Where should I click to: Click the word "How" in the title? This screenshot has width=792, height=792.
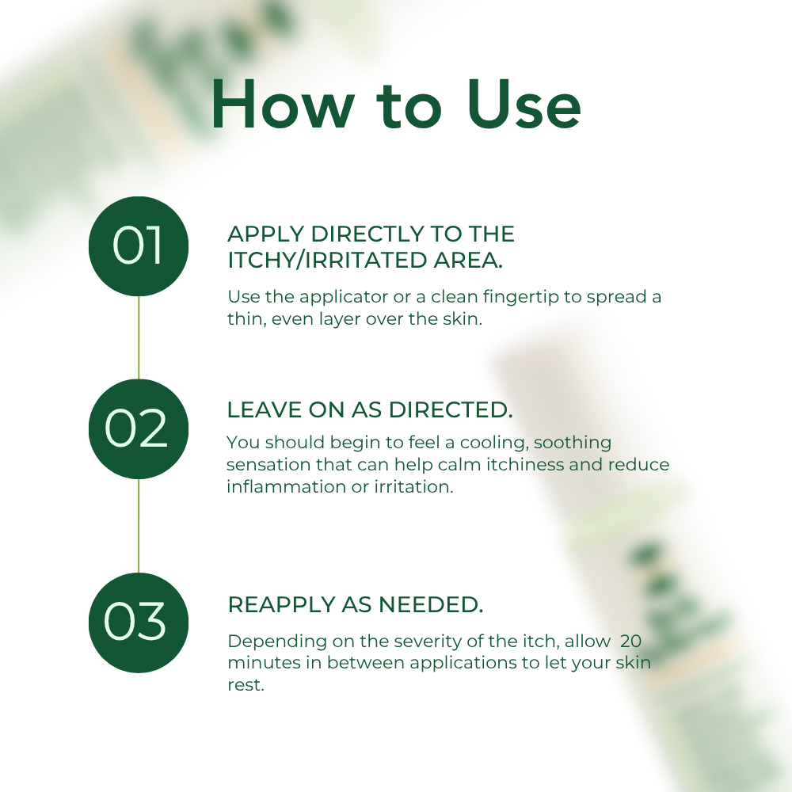point(281,105)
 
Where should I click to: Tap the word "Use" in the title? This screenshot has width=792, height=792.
point(524,105)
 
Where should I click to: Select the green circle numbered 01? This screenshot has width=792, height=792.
point(139,246)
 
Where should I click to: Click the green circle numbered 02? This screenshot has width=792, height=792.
point(139,428)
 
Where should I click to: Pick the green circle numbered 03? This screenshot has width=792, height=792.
point(139,623)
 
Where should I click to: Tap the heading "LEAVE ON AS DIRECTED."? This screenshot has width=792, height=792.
point(370,410)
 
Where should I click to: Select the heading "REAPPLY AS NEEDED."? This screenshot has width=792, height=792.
point(355,604)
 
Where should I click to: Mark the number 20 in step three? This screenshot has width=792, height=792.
point(631,640)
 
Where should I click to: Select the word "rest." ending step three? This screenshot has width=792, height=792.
point(245,684)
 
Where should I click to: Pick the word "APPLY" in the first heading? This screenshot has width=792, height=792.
point(265,234)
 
